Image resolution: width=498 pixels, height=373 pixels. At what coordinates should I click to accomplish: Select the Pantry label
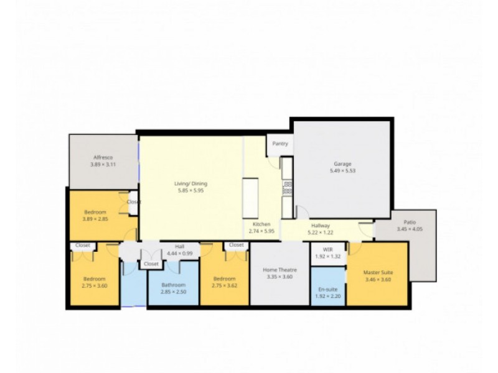(280, 144)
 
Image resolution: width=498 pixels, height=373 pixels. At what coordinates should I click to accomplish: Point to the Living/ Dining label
(190, 183)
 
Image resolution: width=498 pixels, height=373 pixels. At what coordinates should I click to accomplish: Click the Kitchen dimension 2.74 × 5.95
(261, 231)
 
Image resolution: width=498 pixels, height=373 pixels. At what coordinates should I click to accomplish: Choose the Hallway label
(320, 226)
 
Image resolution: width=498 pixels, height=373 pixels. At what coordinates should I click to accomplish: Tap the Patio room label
(409, 222)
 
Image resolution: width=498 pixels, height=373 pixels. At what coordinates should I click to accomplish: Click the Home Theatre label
(280, 270)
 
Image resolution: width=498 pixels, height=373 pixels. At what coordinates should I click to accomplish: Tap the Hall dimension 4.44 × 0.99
(179, 254)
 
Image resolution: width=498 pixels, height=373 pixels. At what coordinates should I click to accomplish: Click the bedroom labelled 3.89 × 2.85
(95, 215)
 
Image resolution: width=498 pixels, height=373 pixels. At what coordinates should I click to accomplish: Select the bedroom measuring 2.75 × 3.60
(94, 282)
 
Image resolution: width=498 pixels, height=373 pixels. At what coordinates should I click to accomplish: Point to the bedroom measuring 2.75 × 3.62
(224, 282)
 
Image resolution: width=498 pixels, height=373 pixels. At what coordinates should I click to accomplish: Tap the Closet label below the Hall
(151, 264)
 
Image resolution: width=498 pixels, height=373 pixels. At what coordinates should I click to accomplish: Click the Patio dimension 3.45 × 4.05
(409, 229)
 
